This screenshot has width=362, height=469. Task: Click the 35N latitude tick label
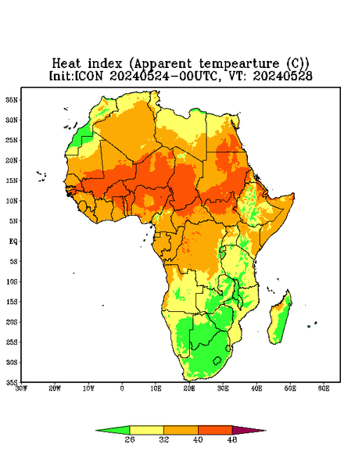tap(12, 99)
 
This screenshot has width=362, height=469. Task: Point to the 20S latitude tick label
tap(12, 322)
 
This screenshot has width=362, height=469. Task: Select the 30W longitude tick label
tap(21, 388)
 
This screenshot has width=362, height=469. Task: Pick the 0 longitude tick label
tap(122, 388)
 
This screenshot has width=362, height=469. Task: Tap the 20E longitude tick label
tap(189, 388)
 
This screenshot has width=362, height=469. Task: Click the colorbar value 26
tap(130, 439)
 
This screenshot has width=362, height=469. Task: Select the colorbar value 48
tap(232, 439)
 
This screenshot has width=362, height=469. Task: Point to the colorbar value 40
tap(198, 439)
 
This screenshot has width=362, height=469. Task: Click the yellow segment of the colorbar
tap(146, 430)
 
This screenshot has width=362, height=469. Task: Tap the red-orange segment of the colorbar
tap(215, 430)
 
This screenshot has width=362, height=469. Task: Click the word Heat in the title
tap(66, 63)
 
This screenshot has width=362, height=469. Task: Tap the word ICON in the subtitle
tap(89, 76)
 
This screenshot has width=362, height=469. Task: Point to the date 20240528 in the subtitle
tap(283, 76)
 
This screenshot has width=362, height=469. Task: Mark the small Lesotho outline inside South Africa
tap(217, 360)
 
